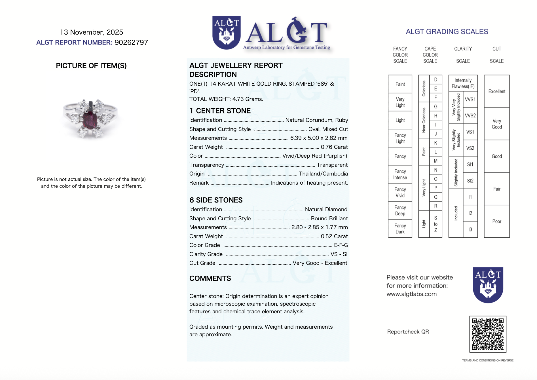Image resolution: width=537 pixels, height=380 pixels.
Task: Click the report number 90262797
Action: (131, 43)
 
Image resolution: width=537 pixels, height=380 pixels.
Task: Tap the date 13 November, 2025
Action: (92, 32)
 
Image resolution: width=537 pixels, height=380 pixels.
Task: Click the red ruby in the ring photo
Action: (90, 120)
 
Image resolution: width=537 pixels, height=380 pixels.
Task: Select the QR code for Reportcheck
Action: (488, 334)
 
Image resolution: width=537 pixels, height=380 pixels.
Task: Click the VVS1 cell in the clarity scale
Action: (470, 99)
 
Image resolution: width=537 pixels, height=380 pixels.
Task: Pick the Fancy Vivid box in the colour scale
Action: (400, 192)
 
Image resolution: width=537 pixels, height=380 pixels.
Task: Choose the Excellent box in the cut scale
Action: (496, 91)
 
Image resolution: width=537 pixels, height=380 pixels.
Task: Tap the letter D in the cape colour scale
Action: (435, 80)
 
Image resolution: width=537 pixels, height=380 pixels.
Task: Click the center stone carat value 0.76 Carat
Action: (334, 147)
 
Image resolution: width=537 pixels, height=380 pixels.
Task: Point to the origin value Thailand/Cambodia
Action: (323, 174)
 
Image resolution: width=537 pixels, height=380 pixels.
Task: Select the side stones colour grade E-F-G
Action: (341, 245)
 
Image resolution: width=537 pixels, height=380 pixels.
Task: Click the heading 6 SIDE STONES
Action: (216, 200)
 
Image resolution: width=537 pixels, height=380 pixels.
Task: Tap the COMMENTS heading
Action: (210, 278)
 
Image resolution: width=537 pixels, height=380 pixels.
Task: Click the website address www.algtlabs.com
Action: (411, 294)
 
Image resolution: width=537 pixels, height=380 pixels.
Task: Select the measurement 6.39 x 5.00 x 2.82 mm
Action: (319, 138)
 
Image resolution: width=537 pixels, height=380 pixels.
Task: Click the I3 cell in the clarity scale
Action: (470, 229)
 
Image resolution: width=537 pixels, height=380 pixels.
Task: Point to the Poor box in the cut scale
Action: (496, 221)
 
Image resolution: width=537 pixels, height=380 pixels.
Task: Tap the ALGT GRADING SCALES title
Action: (447, 32)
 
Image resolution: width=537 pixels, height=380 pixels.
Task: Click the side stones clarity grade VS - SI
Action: (339, 254)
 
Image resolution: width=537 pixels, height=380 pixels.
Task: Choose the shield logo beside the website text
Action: (488, 285)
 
